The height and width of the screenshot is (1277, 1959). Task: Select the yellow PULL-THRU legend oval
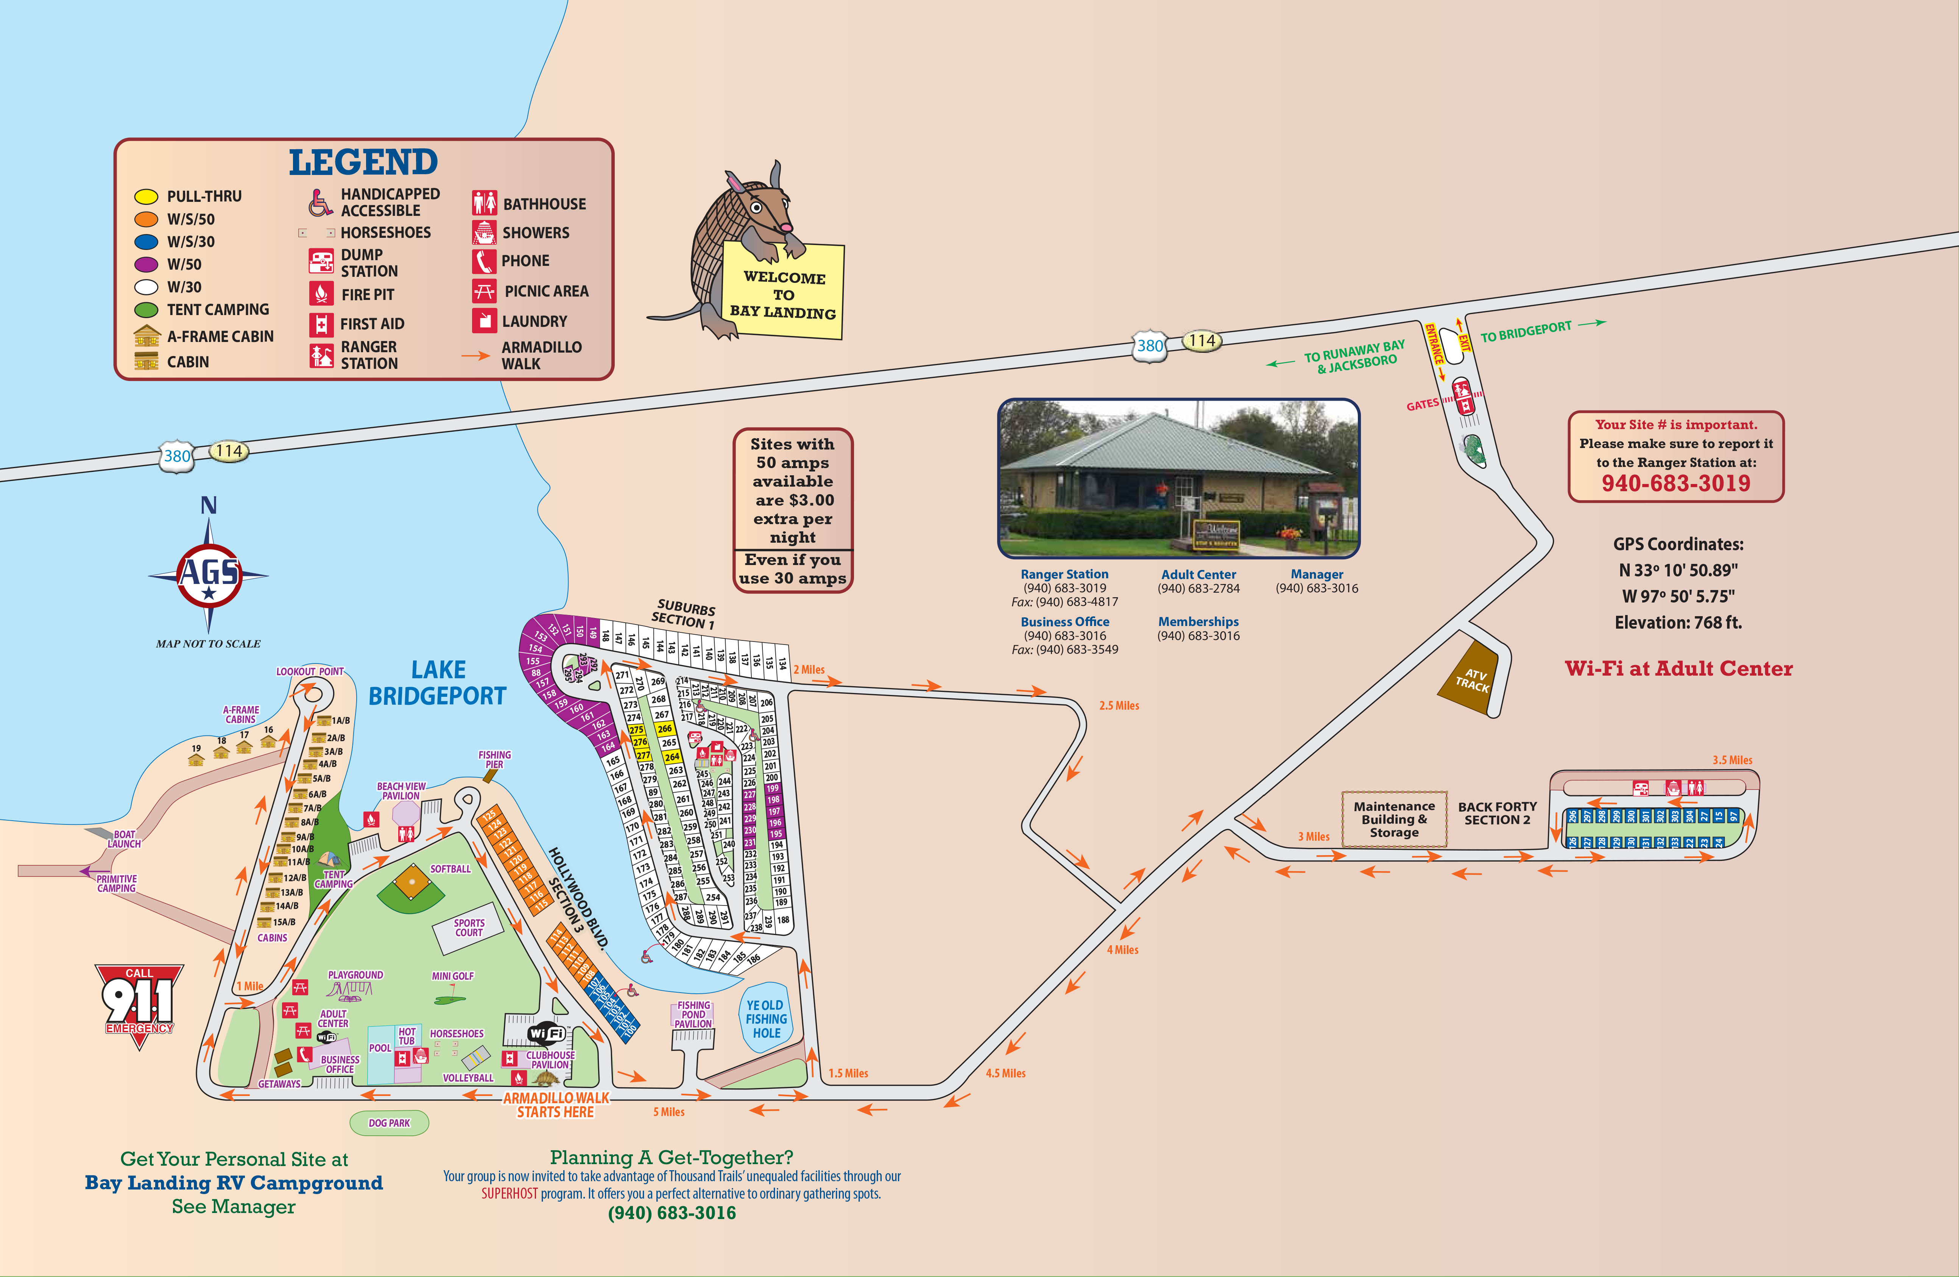(146, 197)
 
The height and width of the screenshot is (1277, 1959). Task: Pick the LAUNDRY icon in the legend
(483, 320)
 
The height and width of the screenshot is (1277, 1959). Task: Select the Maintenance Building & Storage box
(1393, 819)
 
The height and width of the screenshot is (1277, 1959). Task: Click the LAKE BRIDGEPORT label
(437, 682)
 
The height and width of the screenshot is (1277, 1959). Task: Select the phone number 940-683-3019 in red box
(1676, 483)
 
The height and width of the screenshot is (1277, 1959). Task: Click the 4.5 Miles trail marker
(1005, 1073)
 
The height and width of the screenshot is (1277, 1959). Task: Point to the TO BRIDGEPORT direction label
(1526, 331)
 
